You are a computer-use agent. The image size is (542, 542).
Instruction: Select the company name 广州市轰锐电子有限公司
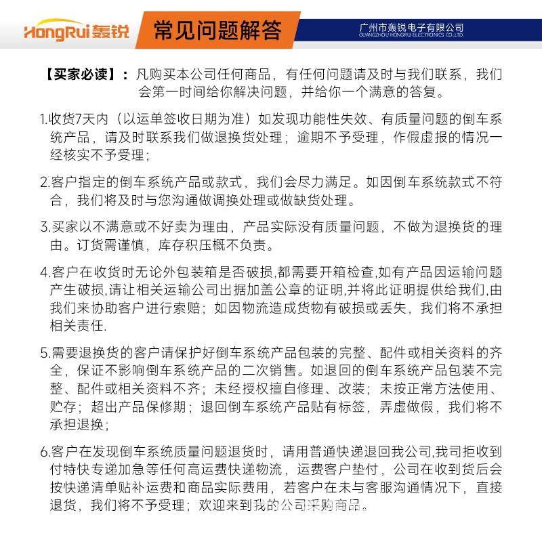pos(411,27)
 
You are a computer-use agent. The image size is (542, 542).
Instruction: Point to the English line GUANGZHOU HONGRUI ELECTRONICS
pos(411,35)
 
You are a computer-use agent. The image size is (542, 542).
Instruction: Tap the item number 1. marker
pos(43,119)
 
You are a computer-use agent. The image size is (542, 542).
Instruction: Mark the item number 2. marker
pos(44,182)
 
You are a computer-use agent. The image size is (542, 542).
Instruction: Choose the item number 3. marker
pos(44,227)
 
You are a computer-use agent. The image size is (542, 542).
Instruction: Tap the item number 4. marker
pos(44,272)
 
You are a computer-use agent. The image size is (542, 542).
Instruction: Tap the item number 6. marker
pos(44,451)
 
